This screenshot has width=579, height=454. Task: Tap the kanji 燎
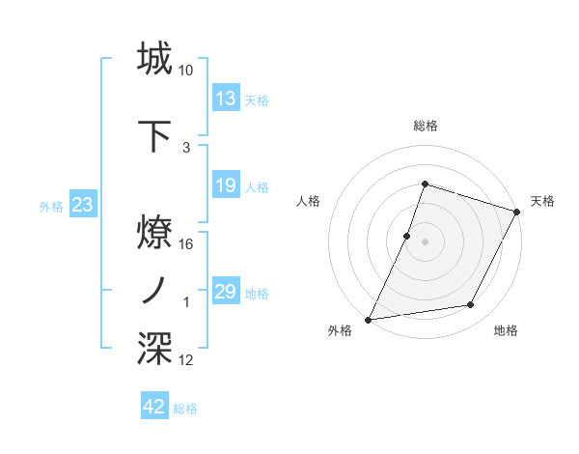155,231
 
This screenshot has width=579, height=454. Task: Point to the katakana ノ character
155,289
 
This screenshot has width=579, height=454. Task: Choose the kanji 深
155,348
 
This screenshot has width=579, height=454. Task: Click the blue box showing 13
226,99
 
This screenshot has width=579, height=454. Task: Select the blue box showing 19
226,185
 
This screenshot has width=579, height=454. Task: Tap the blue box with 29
226,292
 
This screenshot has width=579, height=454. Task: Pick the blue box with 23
81,205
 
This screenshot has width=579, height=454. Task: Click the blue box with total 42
154,407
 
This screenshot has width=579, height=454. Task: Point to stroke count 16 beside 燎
186,243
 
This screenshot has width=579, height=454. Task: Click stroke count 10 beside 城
186,71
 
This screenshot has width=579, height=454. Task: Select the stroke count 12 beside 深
186,360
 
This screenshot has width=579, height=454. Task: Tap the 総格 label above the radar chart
425,126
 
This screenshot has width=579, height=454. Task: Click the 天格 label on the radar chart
542,201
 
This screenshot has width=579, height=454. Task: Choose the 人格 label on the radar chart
308,201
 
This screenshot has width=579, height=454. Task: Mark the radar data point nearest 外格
368,320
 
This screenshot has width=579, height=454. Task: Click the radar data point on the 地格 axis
471,305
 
